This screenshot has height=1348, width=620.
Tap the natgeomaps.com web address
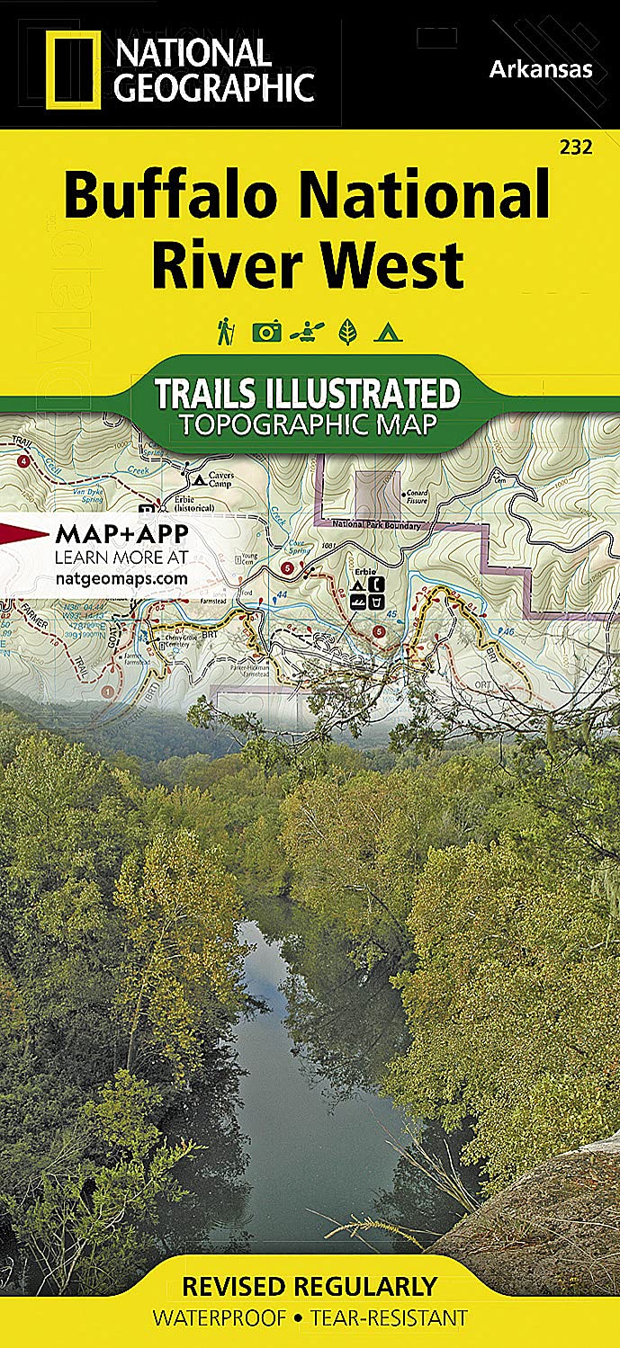pyautogui.click(x=121, y=578)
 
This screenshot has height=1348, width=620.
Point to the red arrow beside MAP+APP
pyautogui.click(x=24, y=533)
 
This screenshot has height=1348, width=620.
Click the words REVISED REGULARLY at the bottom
pyautogui.click(x=309, y=1285)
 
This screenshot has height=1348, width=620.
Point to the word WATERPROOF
pyautogui.click(x=219, y=1318)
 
